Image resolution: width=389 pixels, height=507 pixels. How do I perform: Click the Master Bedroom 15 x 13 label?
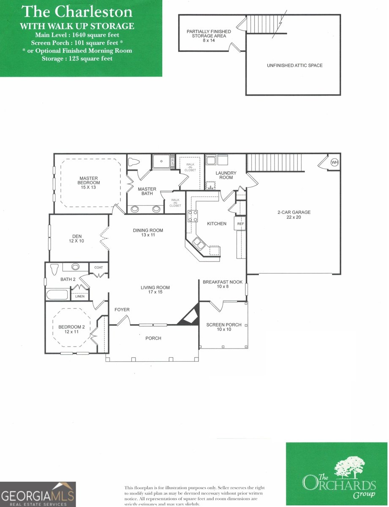click(x=88, y=183)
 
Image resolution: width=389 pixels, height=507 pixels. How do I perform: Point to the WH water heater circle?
click(x=335, y=162)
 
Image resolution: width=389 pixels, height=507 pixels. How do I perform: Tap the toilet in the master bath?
click(x=133, y=161)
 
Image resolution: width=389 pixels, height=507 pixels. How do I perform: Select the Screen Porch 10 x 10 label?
click(x=224, y=327)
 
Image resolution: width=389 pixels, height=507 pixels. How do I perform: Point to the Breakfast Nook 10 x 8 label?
click(x=223, y=284)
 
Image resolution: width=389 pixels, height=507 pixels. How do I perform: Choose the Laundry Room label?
click(x=226, y=175)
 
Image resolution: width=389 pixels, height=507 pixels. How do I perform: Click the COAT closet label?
click(x=98, y=267)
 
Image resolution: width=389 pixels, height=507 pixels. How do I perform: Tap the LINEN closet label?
click(x=80, y=296)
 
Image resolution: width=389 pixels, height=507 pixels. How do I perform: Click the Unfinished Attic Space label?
click(x=294, y=65)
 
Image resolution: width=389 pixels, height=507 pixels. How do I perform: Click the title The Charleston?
click(x=77, y=11)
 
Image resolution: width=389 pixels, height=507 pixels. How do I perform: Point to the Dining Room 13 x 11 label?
click(x=148, y=232)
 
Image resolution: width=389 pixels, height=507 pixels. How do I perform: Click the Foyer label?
click(x=122, y=310)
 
